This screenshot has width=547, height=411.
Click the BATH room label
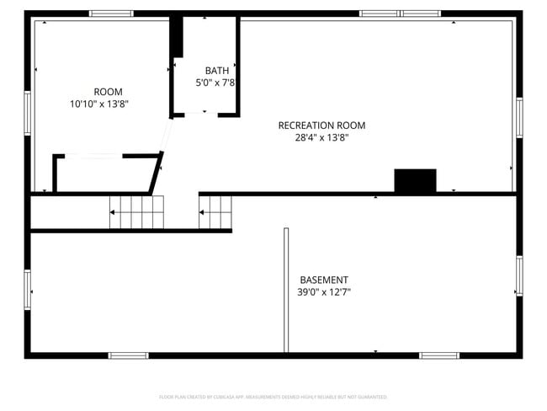[216, 70]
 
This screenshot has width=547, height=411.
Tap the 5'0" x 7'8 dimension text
[216, 83]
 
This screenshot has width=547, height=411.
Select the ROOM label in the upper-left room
[108, 92]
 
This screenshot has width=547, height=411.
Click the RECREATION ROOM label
[321, 125]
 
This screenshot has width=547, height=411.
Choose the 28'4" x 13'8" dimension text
[321, 138]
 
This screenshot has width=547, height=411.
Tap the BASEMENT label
[324, 280]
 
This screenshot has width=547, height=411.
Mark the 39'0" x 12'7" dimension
[324, 292]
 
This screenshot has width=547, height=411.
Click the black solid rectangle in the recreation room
[416, 180]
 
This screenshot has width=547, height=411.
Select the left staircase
[136, 212]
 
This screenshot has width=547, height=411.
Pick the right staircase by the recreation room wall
[215, 211]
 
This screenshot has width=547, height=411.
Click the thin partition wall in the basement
[286, 290]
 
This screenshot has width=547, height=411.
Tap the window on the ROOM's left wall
[28, 112]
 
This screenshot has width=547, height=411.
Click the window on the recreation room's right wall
[519, 117]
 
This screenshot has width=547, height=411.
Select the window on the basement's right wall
[519, 276]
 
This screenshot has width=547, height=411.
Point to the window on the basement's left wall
[28, 288]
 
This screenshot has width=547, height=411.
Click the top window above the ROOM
[111, 13]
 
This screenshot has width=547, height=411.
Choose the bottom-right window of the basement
[439, 355]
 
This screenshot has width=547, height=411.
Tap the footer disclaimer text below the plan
[273, 396]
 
